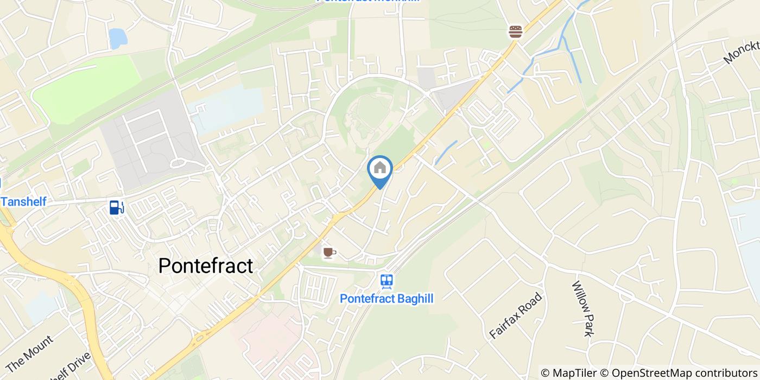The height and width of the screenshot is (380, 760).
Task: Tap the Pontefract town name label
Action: (206, 266)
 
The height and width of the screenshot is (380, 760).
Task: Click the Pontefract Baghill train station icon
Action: (387, 281)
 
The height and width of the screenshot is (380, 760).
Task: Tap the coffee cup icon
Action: (330, 252)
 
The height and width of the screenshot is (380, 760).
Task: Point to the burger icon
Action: (515, 31)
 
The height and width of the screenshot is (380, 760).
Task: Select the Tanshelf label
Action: (23, 201)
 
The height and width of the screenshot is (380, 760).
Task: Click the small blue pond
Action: (117, 39)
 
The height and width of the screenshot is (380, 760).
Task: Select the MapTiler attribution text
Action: (574, 373)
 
